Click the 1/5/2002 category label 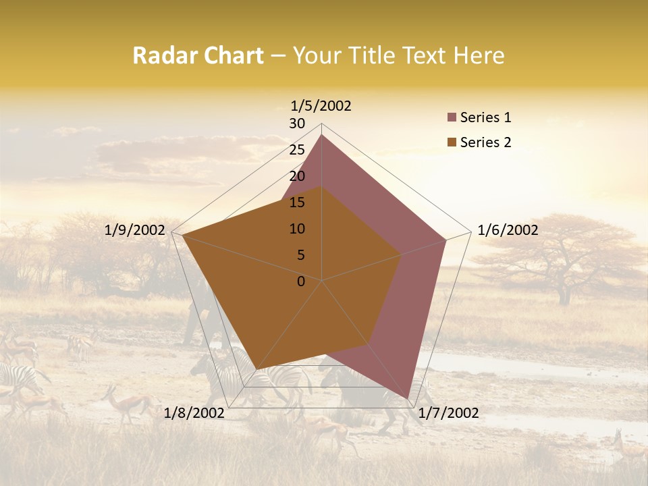pos(321,106)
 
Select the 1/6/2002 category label pos(508,230)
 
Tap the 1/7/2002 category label pos(448,413)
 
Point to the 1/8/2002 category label pos(194,413)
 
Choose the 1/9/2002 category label pos(135,230)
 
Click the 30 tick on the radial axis pos(297,124)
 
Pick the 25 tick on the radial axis pos(297,150)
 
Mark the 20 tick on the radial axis pos(297,176)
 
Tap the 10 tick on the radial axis pos(297,229)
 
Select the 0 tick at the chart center pos(301,281)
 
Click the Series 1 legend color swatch pos(452,118)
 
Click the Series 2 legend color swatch pos(452,142)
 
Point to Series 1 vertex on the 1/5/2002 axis pos(322,134)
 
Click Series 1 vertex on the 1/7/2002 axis pos(408,399)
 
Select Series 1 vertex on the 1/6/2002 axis pos(446,240)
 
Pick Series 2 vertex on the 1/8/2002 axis pos(257,369)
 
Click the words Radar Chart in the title pos(198,56)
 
